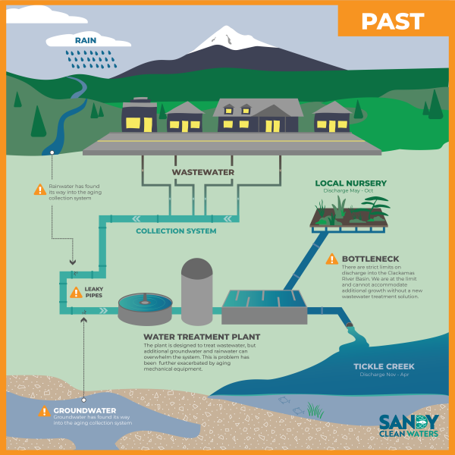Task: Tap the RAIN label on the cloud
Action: (85, 39)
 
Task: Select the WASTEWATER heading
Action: (202, 172)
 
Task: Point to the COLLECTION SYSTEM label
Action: (176, 231)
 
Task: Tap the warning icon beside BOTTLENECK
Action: (331, 259)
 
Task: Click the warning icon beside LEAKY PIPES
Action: (76, 292)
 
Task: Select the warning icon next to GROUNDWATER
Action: (43, 412)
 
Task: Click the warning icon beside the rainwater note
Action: (39, 190)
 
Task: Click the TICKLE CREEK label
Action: (384, 367)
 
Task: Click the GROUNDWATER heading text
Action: (84, 411)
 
